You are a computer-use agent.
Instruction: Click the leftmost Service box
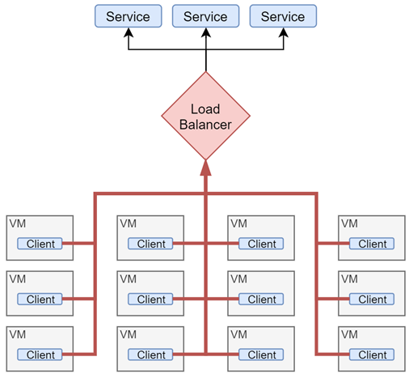[128, 16]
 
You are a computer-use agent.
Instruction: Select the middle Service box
[205, 16]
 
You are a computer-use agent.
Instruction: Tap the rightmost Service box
[283, 16]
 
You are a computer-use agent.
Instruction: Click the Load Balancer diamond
[205, 117]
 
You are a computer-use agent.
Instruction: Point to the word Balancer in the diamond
[205, 125]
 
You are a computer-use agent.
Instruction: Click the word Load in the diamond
[205, 109]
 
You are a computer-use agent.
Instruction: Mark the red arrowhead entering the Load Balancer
[205, 168]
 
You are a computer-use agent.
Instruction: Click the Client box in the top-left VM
[40, 244]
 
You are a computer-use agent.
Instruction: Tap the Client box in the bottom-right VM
[373, 355]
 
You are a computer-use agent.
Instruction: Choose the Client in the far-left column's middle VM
[40, 299]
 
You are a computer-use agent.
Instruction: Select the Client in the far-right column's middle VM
[373, 299]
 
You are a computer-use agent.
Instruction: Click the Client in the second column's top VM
[151, 244]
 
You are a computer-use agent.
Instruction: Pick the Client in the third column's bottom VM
[262, 355]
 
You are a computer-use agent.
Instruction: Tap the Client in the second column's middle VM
[151, 299]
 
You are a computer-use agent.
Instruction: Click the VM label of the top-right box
[349, 223]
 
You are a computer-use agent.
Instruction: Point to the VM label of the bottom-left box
[17, 334]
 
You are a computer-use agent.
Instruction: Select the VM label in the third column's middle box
[238, 279]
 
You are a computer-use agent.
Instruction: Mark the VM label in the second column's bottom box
[128, 334]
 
